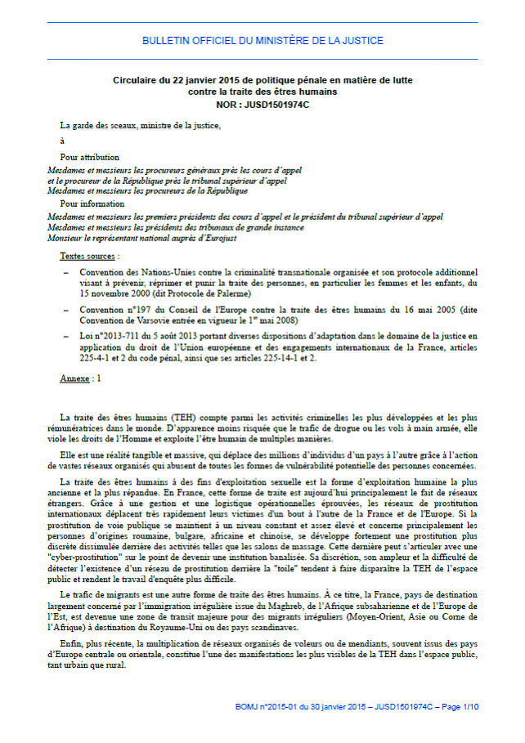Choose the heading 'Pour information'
pyautogui.click(x=92, y=204)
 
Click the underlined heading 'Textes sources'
pyautogui.click(x=87, y=256)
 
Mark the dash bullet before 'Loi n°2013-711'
pyautogui.click(x=65, y=337)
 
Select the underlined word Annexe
pyautogui.click(x=74, y=379)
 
